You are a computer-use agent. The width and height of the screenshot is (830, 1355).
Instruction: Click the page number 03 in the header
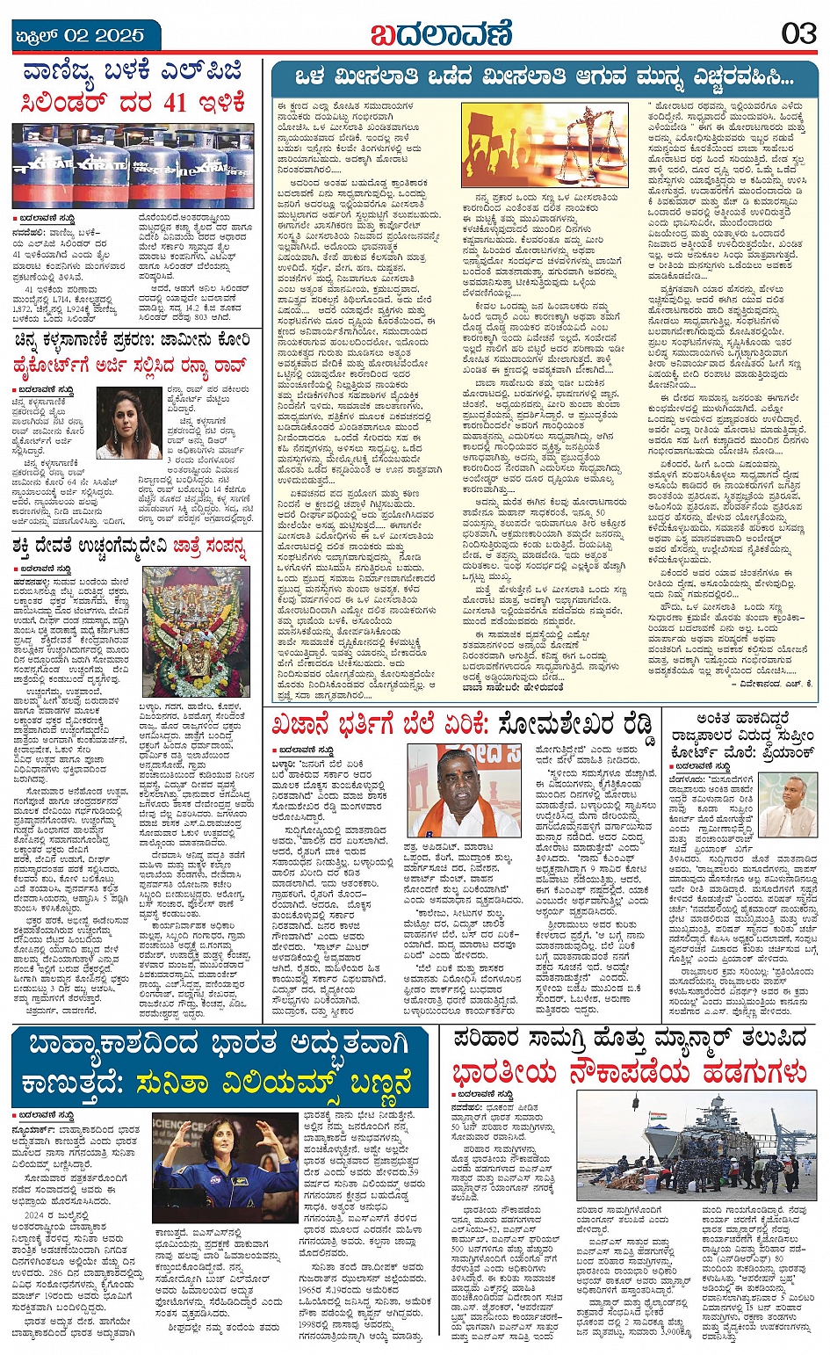pyautogui.click(x=798, y=34)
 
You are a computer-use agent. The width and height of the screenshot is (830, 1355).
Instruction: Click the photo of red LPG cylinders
pyautogui.click(x=132, y=164)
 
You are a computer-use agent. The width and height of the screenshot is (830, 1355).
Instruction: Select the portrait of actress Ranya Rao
pyautogui.click(x=129, y=423)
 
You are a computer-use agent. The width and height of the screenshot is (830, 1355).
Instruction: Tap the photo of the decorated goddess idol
pyautogui.click(x=196, y=632)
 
